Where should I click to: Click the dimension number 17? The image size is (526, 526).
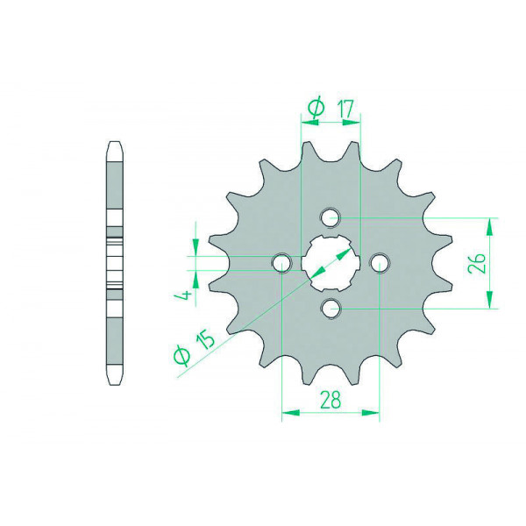pyautogui.click(x=346, y=109)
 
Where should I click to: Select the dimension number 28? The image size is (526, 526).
pyautogui.click(x=331, y=399)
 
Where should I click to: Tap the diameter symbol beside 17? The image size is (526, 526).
pyautogui.click(x=316, y=108)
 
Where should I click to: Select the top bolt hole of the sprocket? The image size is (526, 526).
pyautogui.click(x=331, y=217)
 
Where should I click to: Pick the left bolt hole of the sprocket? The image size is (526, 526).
pyautogui.click(x=281, y=263)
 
